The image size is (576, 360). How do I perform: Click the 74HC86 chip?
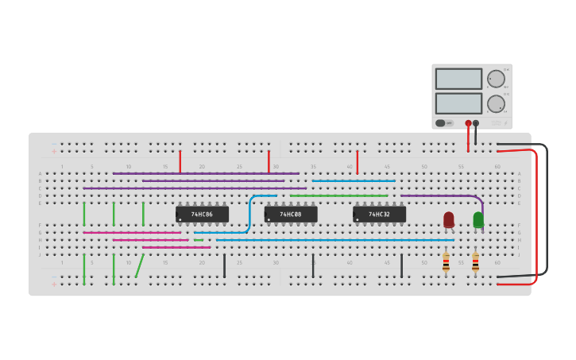coord(202,215)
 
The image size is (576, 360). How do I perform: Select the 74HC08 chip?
coord(291,215)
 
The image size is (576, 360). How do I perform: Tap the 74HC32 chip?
coord(379,215)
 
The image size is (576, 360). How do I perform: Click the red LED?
coord(449,219)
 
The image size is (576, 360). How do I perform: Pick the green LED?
coord(478,219)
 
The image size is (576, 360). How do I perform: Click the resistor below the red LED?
coord(446,262)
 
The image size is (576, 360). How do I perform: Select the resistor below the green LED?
coord(475,262)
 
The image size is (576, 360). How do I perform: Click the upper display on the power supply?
coord(458,79)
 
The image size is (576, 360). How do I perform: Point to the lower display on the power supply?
coord(458,103)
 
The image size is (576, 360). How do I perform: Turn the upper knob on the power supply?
coord(496,78)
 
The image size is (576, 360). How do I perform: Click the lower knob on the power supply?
coord(496,103)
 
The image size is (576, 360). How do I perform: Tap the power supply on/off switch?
coord(441,123)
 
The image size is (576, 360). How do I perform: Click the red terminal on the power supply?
coord(468,123)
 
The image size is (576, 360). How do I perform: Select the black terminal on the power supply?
coord(476,123)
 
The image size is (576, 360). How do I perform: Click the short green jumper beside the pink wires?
coord(199,239)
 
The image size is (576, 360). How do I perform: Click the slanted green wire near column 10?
coord(140,265)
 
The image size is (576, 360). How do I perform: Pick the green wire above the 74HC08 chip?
coord(338,195)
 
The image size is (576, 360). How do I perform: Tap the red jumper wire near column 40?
coord(358,162)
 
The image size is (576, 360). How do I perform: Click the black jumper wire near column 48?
coord(401,265)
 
